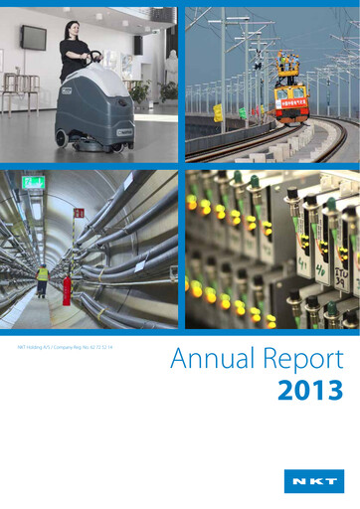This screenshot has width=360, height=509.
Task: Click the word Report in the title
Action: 299,360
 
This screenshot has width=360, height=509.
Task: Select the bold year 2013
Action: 311,390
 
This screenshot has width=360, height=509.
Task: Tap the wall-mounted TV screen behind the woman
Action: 33,38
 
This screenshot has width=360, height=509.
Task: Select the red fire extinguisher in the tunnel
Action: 68,290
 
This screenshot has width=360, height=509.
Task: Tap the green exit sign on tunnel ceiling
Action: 34,183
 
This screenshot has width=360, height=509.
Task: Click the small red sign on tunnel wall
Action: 79,213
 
